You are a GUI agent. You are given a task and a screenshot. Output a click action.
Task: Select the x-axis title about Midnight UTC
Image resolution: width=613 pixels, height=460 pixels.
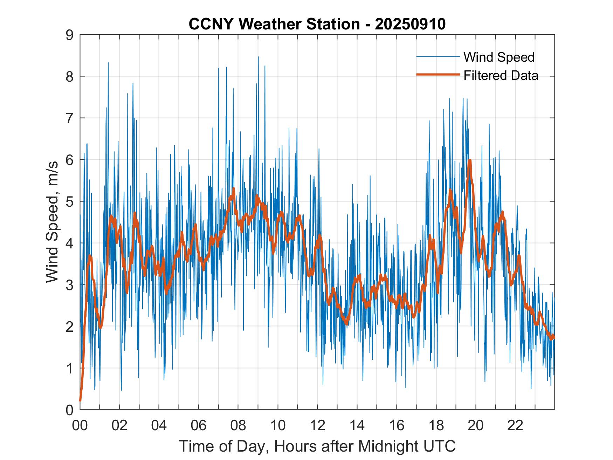click(x=317, y=446)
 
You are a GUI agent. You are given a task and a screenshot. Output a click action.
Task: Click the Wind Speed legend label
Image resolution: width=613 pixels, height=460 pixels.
click(x=499, y=57)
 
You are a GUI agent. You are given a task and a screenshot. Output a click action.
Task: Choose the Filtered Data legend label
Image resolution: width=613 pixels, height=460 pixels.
click(x=501, y=75)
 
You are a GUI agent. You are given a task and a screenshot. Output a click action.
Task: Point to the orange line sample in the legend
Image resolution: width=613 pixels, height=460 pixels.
click(x=438, y=75)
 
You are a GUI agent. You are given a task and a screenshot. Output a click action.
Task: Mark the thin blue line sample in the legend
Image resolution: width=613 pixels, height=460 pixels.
click(x=438, y=57)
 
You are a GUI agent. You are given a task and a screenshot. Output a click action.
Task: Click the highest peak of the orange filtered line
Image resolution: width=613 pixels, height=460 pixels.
click(x=470, y=160)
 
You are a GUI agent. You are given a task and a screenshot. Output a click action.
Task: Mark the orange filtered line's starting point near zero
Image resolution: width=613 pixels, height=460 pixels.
click(x=80, y=400)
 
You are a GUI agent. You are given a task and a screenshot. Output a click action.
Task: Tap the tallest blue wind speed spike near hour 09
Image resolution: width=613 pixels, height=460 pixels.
click(x=258, y=57)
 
